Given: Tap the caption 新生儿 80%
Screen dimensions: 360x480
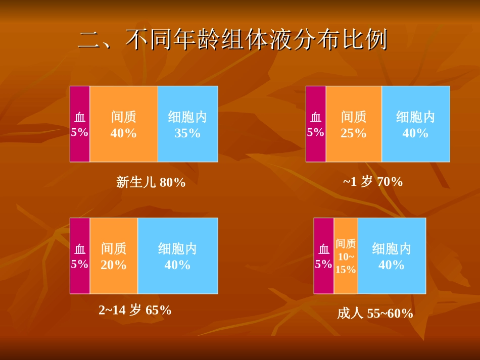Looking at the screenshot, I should pyautogui.click(x=151, y=182).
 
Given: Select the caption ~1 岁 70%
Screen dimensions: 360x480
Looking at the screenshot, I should pyautogui.click(x=373, y=181).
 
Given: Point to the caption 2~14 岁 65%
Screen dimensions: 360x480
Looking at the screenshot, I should pyautogui.click(x=135, y=310).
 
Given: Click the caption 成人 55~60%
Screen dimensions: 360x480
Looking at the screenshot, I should pyautogui.click(x=375, y=314).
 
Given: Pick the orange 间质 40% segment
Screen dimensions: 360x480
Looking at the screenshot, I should pyautogui.click(x=124, y=124).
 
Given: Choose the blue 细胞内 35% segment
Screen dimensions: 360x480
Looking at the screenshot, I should pyautogui.click(x=187, y=124).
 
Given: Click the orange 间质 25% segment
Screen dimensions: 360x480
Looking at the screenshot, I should pyautogui.click(x=354, y=124).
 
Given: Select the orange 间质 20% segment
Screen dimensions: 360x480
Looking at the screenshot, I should pyautogui.click(x=114, y=256).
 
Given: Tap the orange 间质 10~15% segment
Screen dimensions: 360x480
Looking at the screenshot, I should pyautogui.click(x=346, y=256).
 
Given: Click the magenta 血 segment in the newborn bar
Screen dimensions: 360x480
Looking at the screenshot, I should pyautogui.click(x=80, y=124).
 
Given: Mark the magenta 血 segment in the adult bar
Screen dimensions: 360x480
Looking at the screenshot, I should pyautogui.click(x=323, y=256).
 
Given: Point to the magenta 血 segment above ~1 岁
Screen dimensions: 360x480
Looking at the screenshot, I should pyautogui.click(x=316, y=124).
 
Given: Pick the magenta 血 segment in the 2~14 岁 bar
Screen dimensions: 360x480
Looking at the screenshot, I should pyautogui.click(x=80, y=256).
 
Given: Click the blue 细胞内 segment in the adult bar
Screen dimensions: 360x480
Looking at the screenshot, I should pyautogui.click(x=392, y=256).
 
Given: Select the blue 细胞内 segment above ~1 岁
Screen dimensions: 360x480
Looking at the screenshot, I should pyautogui.click(x=415, y=124).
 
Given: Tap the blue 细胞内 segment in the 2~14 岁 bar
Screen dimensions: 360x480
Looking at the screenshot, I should pyautogui.click(x=177, y=256).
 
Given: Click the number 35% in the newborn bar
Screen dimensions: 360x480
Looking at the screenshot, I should pyautogui.click(x=187, y=133).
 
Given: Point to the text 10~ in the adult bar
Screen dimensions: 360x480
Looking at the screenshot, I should pyautogui.click(x=346, y=257).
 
